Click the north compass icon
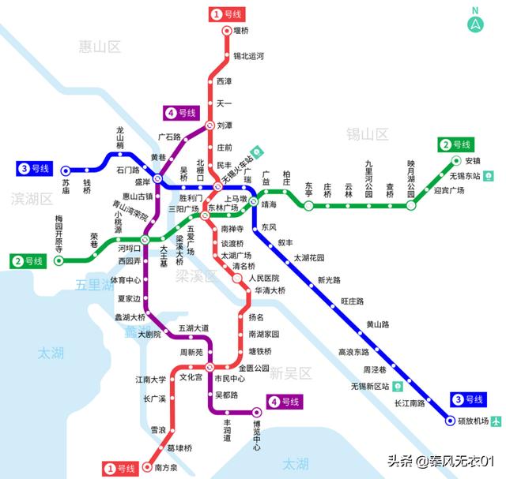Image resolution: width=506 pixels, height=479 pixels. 476,21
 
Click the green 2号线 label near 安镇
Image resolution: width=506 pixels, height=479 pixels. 455,144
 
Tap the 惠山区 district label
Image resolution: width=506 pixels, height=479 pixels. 100,47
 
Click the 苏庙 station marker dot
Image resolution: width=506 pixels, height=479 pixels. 66,170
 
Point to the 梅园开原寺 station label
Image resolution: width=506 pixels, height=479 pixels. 59,233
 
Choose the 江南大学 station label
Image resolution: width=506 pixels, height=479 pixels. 150,380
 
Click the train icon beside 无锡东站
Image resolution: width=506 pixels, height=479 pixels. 489,175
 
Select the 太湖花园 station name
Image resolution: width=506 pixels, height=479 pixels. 309,258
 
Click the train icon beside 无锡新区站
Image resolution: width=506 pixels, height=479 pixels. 398,387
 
